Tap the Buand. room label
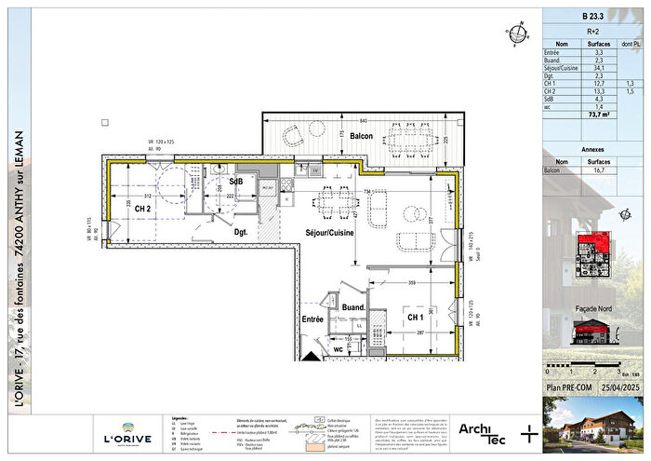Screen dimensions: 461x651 click(352, 306)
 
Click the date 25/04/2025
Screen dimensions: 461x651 click(619, 385)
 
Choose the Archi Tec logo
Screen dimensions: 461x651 click(482, 431)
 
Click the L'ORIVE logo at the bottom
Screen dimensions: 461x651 click(122, 434)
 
